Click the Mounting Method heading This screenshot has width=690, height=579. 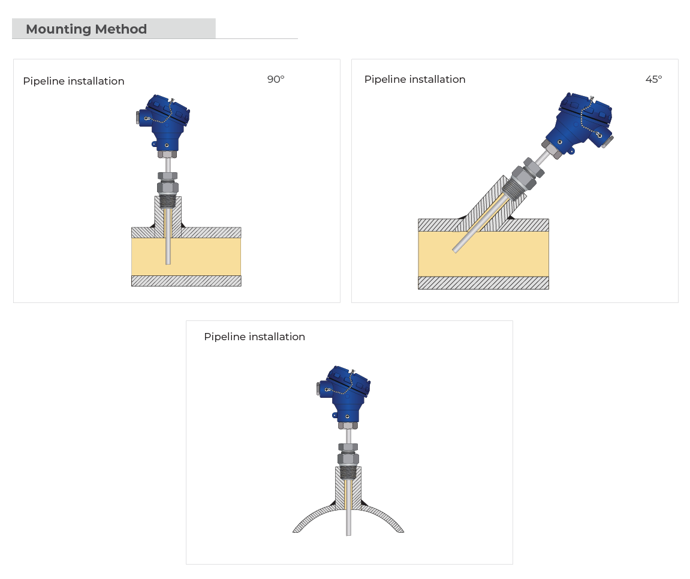[86, 29]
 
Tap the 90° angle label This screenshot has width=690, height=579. [276, 79]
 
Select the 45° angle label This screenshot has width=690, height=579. [653, 79]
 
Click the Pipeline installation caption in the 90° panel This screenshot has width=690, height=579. [74, 81]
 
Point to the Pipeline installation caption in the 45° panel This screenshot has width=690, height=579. [414, 79]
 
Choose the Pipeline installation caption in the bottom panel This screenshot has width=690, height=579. [254, 337]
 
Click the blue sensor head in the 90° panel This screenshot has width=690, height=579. [163, 123]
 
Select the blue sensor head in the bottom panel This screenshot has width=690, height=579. [344, 395]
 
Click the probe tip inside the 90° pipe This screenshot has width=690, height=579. [168, 263]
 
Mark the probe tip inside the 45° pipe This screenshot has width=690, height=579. [456, 251]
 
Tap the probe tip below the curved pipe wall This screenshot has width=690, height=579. [348, 534]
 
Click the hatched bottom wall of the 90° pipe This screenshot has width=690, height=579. [186, 281]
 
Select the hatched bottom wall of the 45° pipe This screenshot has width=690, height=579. [483, 283]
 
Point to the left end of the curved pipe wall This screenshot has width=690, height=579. [296, 531]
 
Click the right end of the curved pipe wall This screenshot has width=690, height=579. [401, 531]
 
